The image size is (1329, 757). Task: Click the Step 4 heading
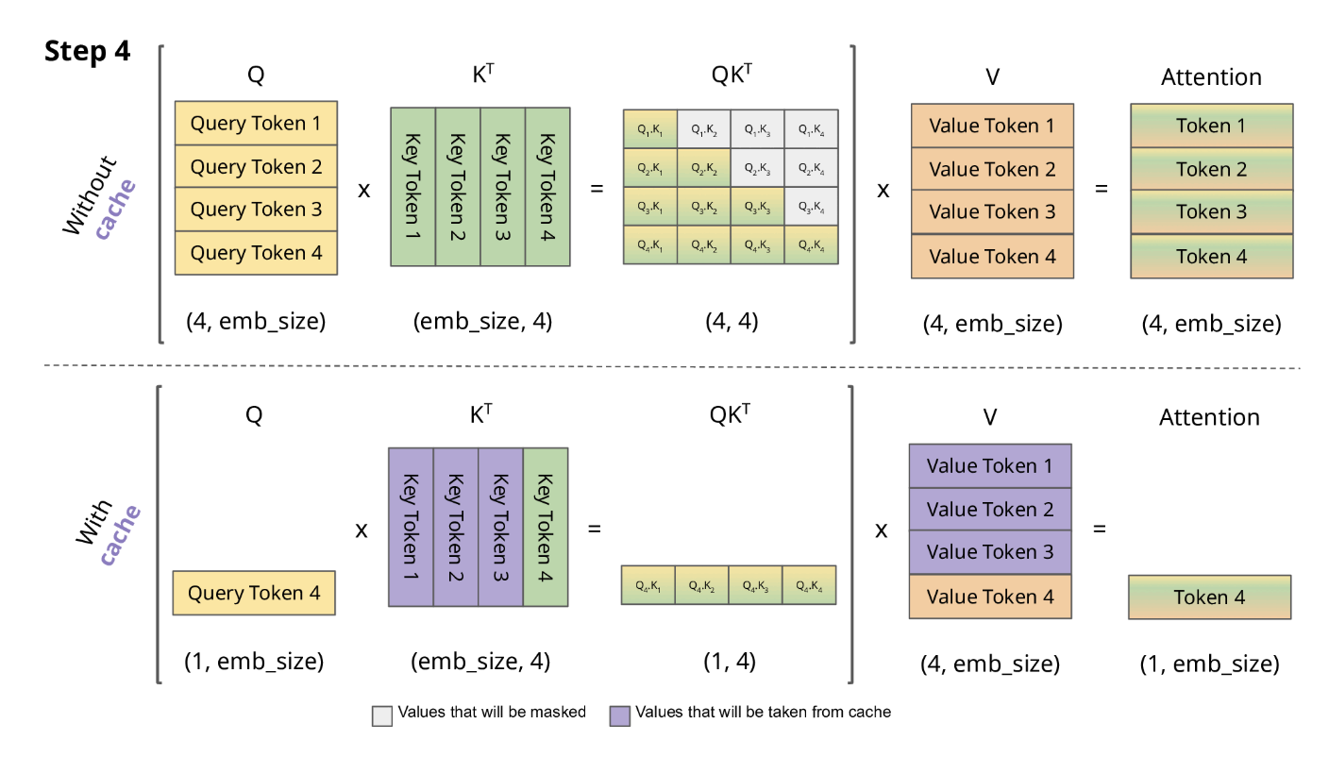tap(87, 52)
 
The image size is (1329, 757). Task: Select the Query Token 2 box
tap(256, 167)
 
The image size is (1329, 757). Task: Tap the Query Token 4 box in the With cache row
tap(254, 594)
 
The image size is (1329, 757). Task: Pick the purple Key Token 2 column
tap(455, 527)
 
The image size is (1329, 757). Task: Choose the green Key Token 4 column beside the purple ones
tap(546, 527)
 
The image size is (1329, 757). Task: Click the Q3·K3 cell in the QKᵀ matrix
tap(757, 207)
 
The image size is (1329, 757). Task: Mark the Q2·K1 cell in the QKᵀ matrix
tap(649, 168)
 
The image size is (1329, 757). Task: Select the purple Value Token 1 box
tap(989, 466)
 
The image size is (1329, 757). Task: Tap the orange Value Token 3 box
tap(992, 212)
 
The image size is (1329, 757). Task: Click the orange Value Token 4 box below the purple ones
tap(989, 597)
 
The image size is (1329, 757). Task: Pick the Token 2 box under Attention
tap(1211, 170)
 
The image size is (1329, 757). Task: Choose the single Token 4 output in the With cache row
tap(1209, 597)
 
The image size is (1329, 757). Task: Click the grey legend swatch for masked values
tap(382, 715)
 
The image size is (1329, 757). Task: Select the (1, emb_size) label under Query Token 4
tap(254, 662)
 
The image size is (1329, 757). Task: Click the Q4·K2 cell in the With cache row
tap(702, 585)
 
